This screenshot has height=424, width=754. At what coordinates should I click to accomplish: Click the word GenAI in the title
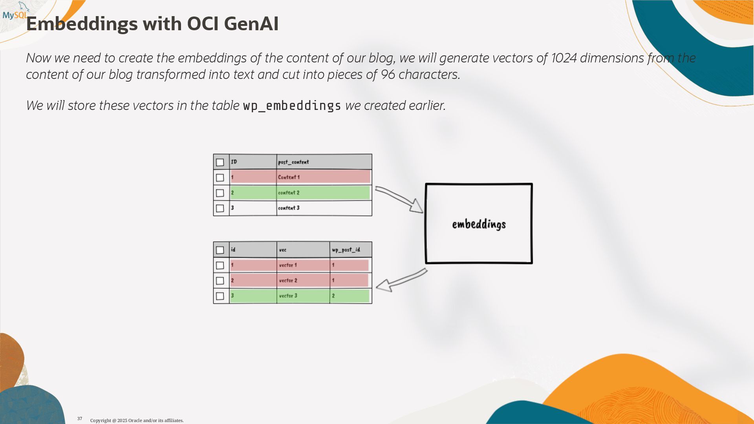click(x=251, y=24)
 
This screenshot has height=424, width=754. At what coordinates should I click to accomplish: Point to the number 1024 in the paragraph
click(x=564, y=58)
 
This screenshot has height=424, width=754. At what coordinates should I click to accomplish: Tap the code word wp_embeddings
click(x=292, y=106)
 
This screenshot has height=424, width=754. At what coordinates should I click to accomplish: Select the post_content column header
click(x=293, y=162)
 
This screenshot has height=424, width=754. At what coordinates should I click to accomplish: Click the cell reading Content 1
click(x=289, y=177)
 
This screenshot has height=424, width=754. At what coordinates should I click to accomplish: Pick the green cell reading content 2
click(x=289, y=193)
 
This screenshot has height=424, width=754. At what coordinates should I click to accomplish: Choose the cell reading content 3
click(x=289, y=208)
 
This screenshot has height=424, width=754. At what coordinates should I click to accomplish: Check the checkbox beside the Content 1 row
click(x=220, y=177)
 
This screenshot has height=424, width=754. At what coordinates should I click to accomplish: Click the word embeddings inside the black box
click(x=479, y=224)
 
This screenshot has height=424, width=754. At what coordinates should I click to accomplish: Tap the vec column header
click(x=283, y=250)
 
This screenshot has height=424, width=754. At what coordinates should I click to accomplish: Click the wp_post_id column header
click(x=346, y=250)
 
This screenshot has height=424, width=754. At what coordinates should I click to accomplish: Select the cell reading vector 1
click(x=288, y=265)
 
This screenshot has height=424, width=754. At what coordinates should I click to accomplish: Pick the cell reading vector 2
click(x=288, y=280)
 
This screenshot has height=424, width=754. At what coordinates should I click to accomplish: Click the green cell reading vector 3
click(x=288, y=296)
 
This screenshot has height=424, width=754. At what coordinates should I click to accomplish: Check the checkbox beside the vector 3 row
click(x=220, y=296)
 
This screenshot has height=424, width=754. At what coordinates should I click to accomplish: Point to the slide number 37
click(x=80, y=419)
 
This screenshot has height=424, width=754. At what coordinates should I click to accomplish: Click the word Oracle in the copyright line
click(x=135, y=420)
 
